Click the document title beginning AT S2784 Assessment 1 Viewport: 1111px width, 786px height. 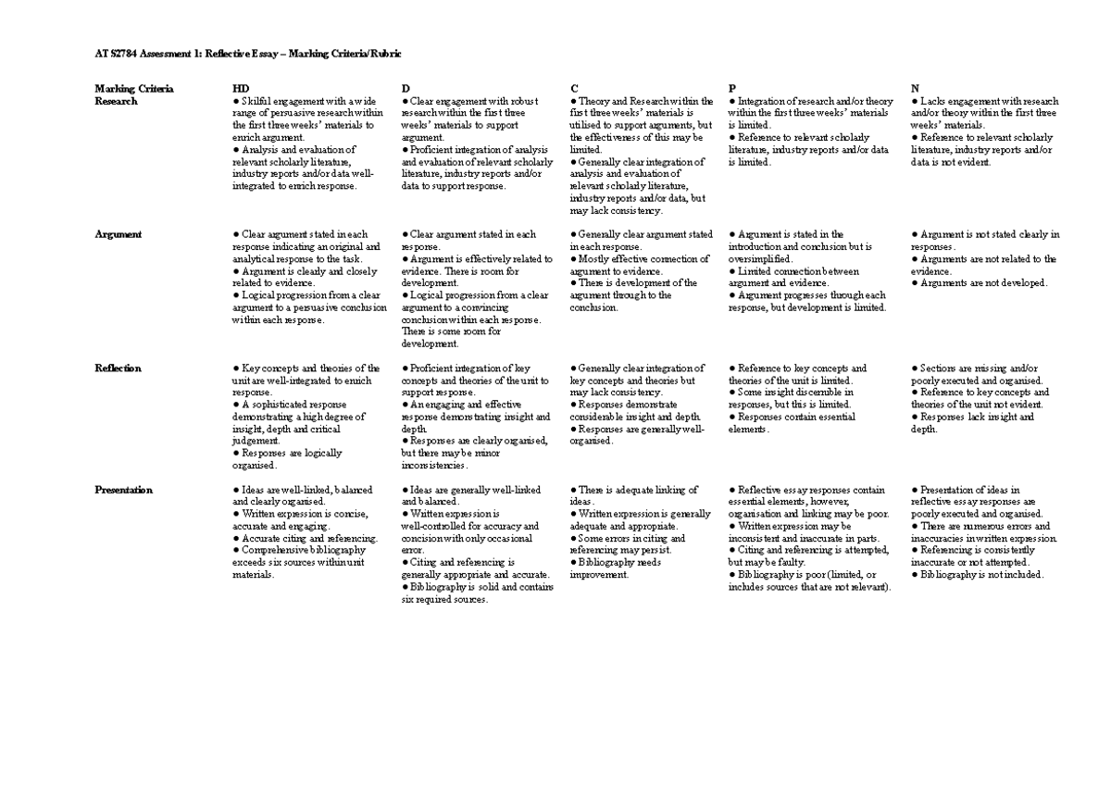click(x=248, y=54)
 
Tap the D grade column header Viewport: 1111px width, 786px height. click(x=406, y=89)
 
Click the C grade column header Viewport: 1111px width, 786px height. click(x=574, y=89)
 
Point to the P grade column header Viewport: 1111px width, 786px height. click(x=732, y=89)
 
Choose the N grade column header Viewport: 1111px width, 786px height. click(x=915, y=89)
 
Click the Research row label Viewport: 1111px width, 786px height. click(x=116, y=101)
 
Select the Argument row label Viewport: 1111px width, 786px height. click(x=118, y=235)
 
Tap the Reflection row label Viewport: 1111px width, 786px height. click(x=118, y=368)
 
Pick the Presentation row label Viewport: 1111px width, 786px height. click(x=123, y=490)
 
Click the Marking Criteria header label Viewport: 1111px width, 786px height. click(x=134, y=89)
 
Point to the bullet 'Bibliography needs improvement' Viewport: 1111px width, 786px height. click(x=616, y=568)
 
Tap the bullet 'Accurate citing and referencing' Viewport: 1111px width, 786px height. click(x=305, y=538)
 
